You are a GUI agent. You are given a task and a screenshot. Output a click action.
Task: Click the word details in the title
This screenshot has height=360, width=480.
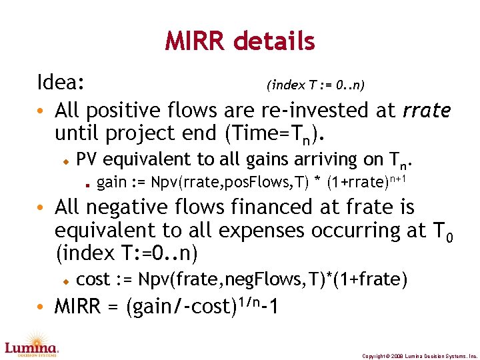click(x=274, y=42)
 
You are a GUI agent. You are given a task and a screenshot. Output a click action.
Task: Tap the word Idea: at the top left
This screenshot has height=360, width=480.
click(x=60, y=83)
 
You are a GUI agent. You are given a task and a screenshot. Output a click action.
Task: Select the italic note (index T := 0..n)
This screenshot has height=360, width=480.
click(x=315, y=85)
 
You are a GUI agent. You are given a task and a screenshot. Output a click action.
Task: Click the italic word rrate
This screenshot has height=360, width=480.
click(x=427, y=110)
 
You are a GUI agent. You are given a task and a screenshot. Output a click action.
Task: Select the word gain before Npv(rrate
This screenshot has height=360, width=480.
click(x=112, y=182)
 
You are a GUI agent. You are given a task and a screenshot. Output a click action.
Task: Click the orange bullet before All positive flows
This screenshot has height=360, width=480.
click(x=41, y=110)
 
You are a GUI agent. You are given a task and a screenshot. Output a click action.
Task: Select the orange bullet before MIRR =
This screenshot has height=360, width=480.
click(x=41, y=307)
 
